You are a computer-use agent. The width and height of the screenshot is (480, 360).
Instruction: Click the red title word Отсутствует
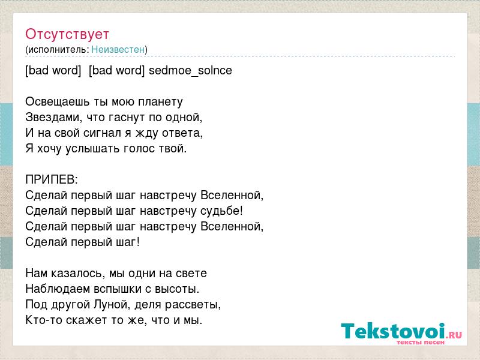pos(67,34)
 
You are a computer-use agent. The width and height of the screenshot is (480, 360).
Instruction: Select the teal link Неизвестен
pos(118,49)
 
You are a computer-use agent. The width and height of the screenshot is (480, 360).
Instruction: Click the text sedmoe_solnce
pos(190,70)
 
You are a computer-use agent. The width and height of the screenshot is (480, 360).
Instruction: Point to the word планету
pos(160,101)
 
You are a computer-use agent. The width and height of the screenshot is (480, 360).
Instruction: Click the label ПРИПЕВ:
pos(52,179)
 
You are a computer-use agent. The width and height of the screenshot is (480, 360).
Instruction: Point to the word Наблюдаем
pos(58,289)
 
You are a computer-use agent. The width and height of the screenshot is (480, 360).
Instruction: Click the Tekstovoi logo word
pos(393,331)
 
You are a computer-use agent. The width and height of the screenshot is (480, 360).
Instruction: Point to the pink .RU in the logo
pos(454,335)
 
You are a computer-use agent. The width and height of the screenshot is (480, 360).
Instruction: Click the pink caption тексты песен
pos(421,342)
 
